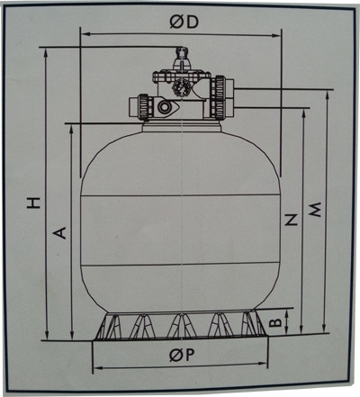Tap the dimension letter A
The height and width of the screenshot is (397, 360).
(x=61, y=232)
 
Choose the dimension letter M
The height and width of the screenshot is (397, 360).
(x=315, y=210)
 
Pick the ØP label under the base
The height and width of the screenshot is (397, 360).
(x=183, y=356)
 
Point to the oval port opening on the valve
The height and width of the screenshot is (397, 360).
(x=166, y=107)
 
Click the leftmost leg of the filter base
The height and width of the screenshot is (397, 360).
(x=107, y=325)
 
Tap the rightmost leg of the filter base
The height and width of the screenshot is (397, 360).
(x=258, y=325)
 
